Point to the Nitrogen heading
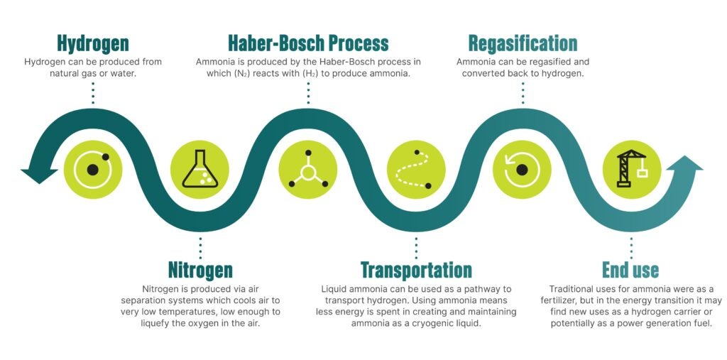click(x=200, y=270)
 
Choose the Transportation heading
click(x=416, y=270)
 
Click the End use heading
click(x=630, y=270)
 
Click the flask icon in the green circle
click(x=200, y=170)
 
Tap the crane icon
click(x=631, y=169)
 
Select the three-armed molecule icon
click(x=308, y=170)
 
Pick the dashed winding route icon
click(x=416, y=170)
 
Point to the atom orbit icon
click(x=93, y=170)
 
